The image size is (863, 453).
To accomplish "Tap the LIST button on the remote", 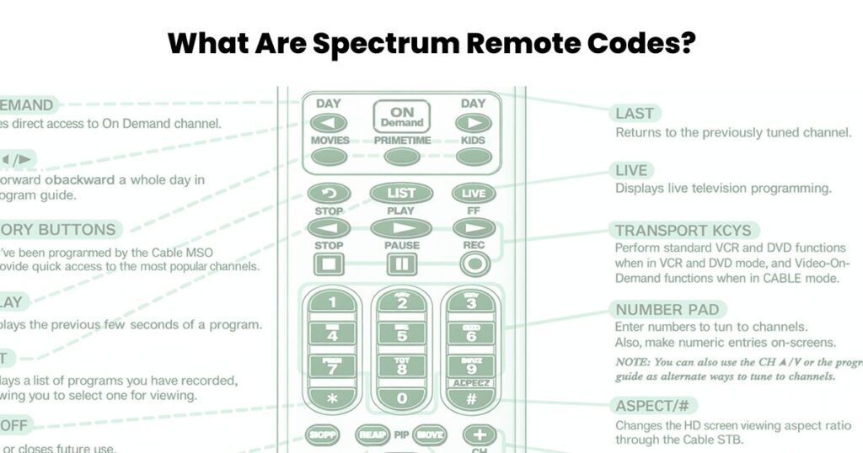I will pos(401,193).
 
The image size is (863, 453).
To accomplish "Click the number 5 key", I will pos(401,335).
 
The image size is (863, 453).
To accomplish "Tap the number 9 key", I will pos(472,367).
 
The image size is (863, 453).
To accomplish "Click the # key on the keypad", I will pos(472,398).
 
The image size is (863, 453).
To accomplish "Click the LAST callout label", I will pos(634,114).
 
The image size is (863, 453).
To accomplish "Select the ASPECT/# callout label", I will pos(656,406).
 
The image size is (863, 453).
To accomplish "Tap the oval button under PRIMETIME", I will pos(401,157).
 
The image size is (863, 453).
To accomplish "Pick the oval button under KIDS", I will pos(473,157).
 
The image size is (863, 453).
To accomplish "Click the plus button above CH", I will pos(480,434).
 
